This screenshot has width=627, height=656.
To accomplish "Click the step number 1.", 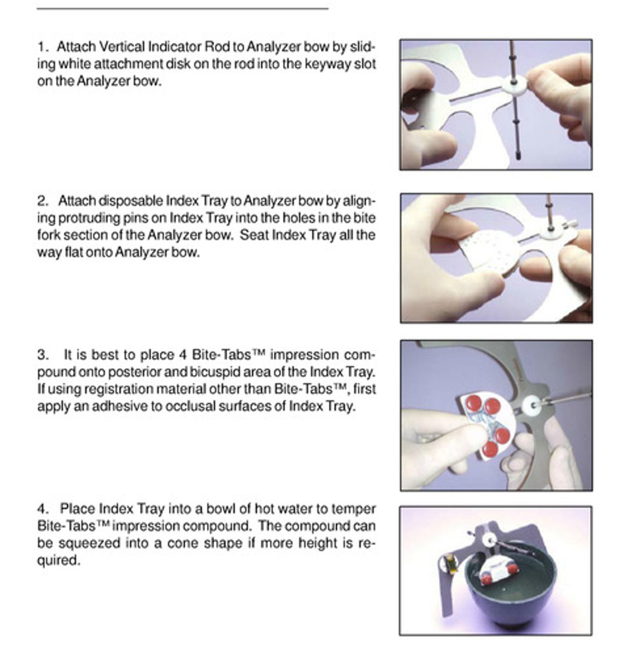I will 41,46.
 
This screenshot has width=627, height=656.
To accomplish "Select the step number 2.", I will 42,201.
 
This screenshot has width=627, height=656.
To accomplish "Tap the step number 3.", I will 42,355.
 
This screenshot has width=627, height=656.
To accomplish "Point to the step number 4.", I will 42,509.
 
